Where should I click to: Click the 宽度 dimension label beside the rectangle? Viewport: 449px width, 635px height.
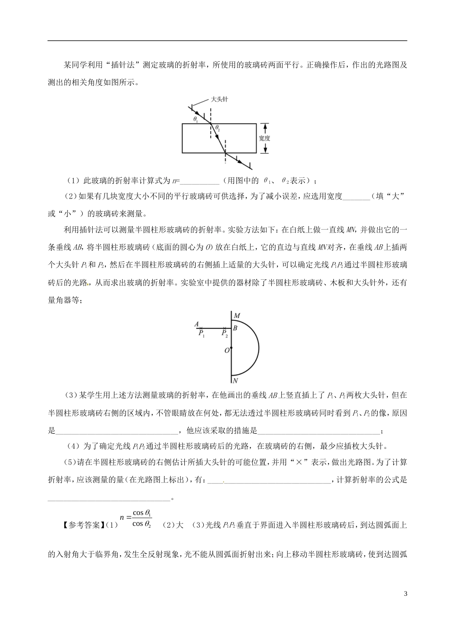[265, 138]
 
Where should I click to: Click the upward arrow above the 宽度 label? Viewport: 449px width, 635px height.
[265, 128]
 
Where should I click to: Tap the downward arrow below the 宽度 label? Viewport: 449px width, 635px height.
[265, 149]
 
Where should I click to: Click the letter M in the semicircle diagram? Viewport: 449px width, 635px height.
[237, 316]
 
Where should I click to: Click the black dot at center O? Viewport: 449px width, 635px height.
[232, 348]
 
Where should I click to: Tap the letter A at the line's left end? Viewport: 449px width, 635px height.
[196, 324]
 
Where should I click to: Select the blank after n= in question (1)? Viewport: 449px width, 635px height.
[199, 180]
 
